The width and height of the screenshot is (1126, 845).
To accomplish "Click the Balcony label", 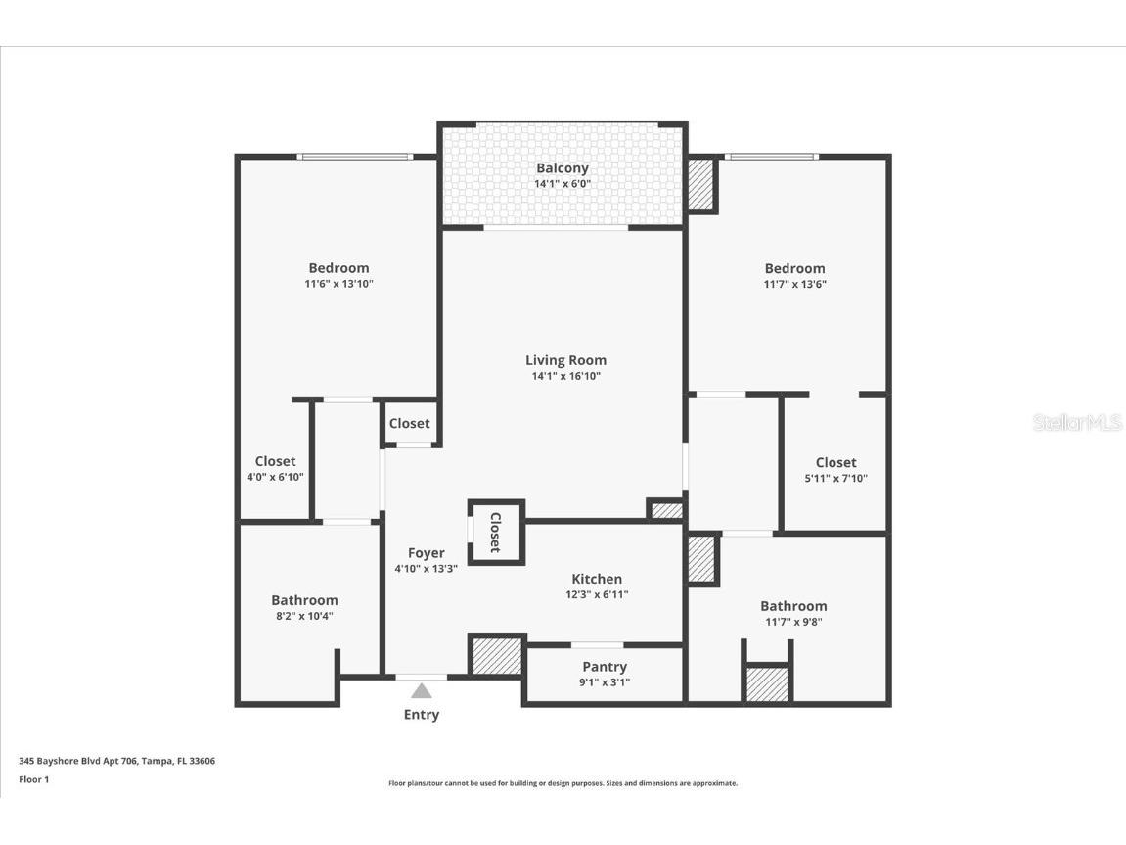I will tap(562, 168).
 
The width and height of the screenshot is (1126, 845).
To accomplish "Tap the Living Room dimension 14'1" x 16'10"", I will tap(565, 376).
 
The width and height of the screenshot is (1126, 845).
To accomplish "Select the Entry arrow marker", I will tap(422, 691).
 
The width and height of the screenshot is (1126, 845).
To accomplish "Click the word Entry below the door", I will tap(422, 715).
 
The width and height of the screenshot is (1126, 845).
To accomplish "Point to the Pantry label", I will tap(605, 667).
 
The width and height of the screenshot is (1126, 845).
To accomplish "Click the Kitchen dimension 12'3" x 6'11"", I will tap(597, 594).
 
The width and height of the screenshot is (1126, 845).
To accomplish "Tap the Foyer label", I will tap(427, 553).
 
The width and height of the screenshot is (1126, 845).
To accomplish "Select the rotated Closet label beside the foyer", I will tap(495, 533).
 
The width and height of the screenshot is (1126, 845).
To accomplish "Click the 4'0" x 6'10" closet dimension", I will tap(275, 477).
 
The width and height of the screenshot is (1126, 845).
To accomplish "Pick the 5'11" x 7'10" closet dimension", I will tap(835, 479).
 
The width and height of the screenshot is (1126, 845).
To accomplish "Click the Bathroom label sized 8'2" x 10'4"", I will tap(304, 600).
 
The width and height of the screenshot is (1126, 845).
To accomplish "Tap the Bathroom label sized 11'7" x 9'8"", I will tap(793, 606).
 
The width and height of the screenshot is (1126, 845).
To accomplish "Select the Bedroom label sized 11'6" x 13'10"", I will tap(338, 268).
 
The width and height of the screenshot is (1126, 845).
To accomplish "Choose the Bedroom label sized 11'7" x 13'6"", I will tap(794, 268).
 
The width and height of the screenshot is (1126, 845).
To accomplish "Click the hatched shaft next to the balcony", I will tap(701, 184).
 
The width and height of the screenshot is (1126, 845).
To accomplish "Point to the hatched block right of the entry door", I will tap(496, 656).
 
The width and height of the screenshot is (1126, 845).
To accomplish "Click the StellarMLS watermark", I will tap(1077, 423).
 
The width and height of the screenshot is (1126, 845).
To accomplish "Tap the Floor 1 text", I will tap(33, 780).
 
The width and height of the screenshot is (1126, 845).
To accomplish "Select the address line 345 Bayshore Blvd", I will tap(116, 761).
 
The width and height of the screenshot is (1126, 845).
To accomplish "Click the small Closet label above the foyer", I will tap(409, 424).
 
